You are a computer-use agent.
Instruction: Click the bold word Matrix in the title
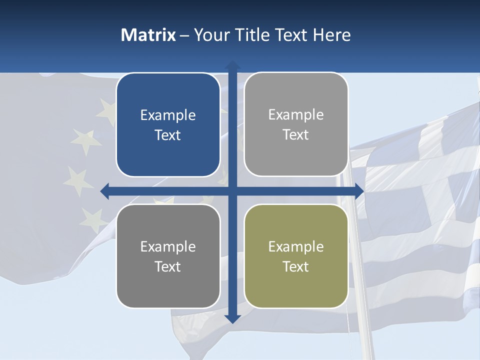(148, 35)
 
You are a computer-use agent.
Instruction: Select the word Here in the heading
(332, 35)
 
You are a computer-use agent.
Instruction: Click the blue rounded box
(168, 125)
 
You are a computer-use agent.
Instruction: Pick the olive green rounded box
(296, 256)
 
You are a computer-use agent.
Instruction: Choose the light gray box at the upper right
(296, 124)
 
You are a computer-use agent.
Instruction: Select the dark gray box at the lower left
(168, 256)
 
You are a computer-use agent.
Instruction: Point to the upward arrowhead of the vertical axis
(232, 65)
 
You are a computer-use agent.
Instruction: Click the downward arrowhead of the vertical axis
(232, 318)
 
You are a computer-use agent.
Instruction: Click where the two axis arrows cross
(232, 191)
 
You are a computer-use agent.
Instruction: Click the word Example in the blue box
(168, 115)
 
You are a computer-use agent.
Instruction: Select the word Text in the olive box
(296, 266)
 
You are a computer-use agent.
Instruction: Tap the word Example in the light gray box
(296, 115)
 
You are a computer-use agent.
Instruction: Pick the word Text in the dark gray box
(168, 266)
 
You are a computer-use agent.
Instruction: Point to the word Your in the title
(210, 35)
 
